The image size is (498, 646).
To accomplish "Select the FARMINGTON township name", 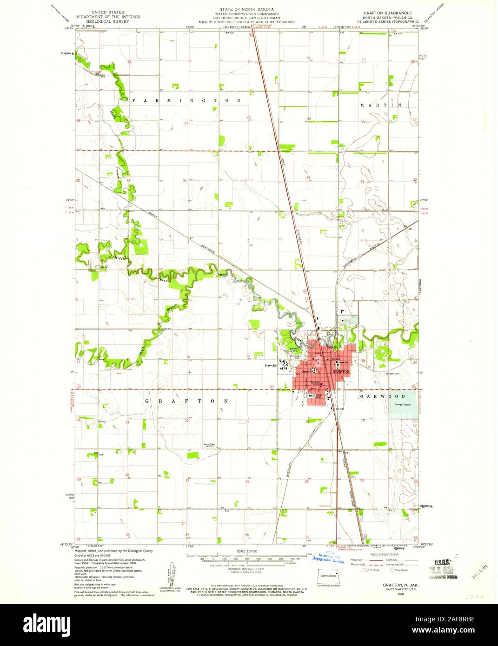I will pyautogui.click(x=186, y=100).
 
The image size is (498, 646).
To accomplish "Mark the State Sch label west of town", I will pyautogui.click(x=271, y=366).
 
